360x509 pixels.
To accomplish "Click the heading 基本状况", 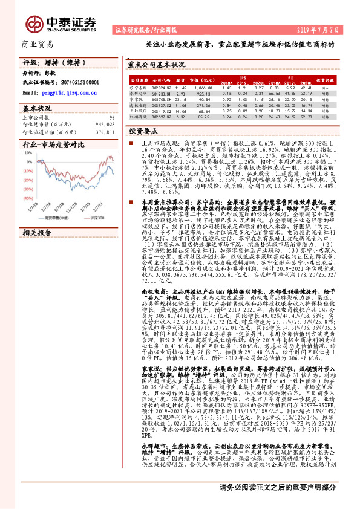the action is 38,108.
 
